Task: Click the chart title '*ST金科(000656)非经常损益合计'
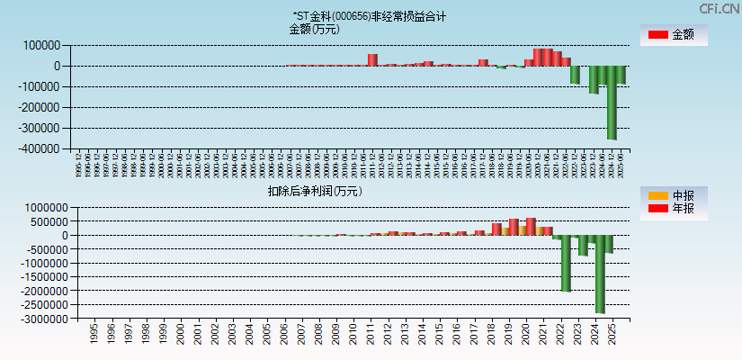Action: [x=369, y=16]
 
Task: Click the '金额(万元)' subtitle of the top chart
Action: [x=314, y=29]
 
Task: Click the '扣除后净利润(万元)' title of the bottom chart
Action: [x=314, y=191]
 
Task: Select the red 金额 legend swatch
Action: [x=657, y=35]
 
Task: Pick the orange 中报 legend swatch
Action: [x=657, y=195]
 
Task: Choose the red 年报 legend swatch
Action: [x=657, y=209]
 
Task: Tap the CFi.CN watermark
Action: [x=720, y=9]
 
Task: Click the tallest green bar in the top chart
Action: [x=612, y=102]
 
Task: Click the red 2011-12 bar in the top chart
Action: [x=372, y=59]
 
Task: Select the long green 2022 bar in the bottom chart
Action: [x=566, y=264]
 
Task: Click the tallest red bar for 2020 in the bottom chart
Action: [x=531, y=226]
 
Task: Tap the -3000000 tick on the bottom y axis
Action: [x=36, y=319]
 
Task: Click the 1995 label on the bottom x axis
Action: [x=94, y=335]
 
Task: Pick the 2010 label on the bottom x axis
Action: [x=353, y=335]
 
